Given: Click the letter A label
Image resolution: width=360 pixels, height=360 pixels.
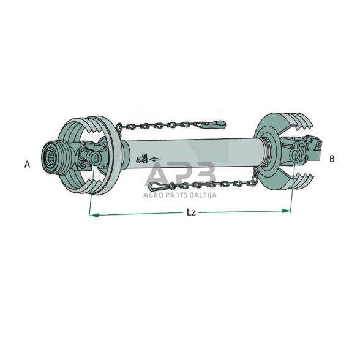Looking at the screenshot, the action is click(27, 164).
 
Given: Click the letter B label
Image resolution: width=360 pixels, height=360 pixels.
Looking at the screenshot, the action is click(332, 159).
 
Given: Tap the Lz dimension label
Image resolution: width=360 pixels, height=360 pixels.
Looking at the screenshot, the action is click(191, 212).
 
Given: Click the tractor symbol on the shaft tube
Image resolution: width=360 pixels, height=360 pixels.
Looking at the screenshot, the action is click(142, 159).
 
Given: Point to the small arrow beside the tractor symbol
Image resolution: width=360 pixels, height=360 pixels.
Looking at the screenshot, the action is click(154, 159).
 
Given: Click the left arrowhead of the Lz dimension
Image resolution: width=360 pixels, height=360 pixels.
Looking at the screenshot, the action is click(94, 215).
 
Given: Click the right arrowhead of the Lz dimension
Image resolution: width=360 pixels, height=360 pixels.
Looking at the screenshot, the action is click(287, 211).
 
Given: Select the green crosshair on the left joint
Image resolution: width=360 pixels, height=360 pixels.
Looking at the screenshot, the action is click(94, 158).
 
